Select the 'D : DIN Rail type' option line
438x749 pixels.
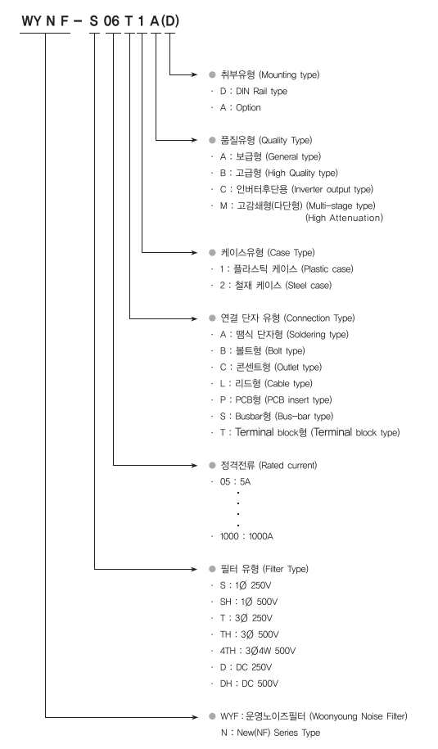point(254,91)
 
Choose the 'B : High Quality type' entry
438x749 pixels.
point(279,173)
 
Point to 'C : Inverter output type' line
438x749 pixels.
point(296,190)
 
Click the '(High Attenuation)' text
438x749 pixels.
point(345,218)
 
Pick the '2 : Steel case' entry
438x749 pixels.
point(276,286)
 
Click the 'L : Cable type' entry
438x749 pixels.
point(266,384)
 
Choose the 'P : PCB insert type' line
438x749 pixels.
point(276,399)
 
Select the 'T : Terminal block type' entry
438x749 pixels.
point(310,432)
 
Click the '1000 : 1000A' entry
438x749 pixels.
point(246,536)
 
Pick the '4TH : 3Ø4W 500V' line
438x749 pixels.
point(258,651)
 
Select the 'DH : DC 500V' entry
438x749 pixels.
point(249,684)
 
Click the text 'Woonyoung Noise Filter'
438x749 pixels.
point(359,716)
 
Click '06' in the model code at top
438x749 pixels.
point(112,21)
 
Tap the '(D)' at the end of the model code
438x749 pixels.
point(170,21)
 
